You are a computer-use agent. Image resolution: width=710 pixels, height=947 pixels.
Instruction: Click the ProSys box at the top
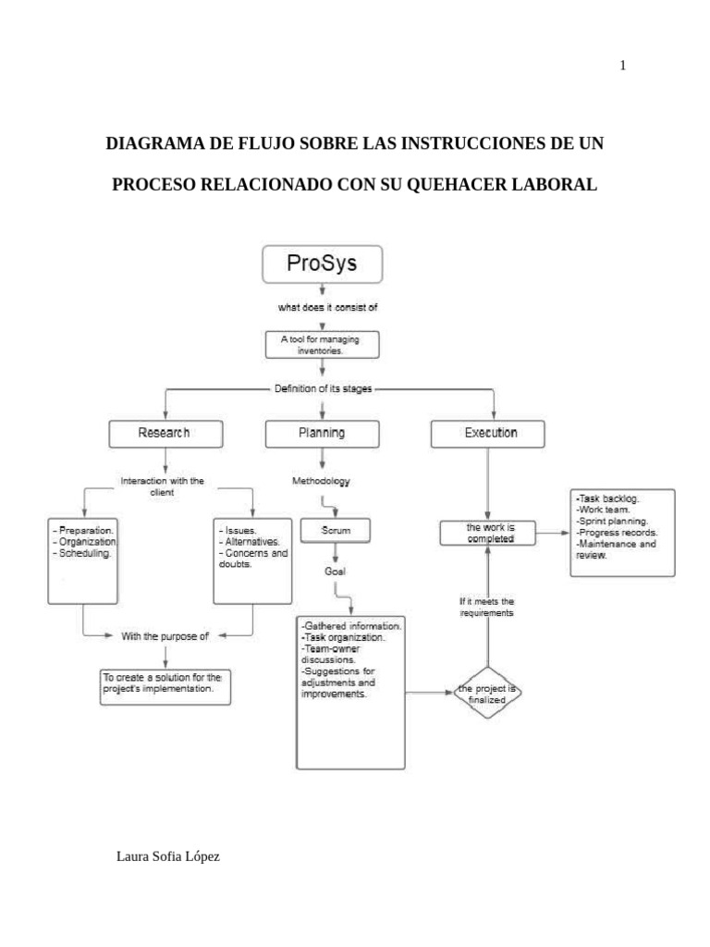(322, 264)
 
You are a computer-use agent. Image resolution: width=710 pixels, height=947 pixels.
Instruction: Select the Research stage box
(165, 433)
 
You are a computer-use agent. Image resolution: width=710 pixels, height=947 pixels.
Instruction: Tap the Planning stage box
(322, 433)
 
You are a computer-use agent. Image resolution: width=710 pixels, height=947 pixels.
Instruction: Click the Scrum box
(336, 531)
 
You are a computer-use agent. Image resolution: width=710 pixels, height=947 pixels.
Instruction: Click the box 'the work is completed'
(490, 532)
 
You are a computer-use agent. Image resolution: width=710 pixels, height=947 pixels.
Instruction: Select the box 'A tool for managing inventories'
(321, 345)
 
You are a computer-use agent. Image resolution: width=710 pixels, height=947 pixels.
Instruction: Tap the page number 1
(623, 65)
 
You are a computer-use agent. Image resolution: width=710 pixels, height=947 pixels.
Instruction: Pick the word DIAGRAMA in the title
(152, 145)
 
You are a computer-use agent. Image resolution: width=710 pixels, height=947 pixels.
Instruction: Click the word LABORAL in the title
(560, 185)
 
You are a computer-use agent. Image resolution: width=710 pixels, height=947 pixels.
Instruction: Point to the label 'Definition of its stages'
(323, 388)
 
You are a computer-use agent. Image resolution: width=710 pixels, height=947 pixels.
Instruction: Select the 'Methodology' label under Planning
(321, 482)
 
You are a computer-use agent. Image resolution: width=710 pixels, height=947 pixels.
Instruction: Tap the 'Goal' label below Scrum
(335, 572)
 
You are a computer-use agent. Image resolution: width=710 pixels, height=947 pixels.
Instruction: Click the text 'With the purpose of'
(165, 635)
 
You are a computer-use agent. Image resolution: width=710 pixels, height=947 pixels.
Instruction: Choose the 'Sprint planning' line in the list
(611, 521)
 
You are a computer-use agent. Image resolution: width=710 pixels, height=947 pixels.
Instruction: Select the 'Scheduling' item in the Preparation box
(83, 553)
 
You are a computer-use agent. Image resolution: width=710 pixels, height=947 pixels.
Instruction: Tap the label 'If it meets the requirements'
(487, 607)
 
